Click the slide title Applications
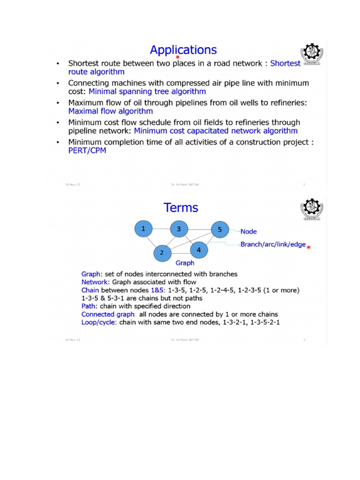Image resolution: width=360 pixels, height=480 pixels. pyautogui.click(x=183, y=50)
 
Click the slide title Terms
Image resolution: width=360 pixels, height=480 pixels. pyautogui.click(x=180, y=207)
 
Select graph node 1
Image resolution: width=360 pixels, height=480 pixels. pyautogui.click(x=143, y=229)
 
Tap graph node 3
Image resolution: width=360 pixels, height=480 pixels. pyautogui.click(x=178, y=229)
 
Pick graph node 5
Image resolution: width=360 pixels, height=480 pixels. pyautogui.click(x=219, y=229)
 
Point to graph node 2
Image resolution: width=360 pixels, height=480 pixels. pyautogui.click(x=162, y=252)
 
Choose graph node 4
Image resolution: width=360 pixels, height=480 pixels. pyautogui.click(x=199, y=249)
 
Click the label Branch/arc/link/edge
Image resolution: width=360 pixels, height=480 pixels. pyautogui.click(x=273, y=245)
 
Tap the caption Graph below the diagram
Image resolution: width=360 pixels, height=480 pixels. pyautogui.click(x=185, y=263)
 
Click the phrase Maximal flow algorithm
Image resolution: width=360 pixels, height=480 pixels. pyautogui.click(x=111, y=112)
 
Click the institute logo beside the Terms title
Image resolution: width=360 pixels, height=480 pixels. pyautogui.click(x=311, y=209)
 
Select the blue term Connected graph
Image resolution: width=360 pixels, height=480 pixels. pyautogui.click(x=104, y=314)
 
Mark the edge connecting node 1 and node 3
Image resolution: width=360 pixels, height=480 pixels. pyautogui.click(x=161, y=229)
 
